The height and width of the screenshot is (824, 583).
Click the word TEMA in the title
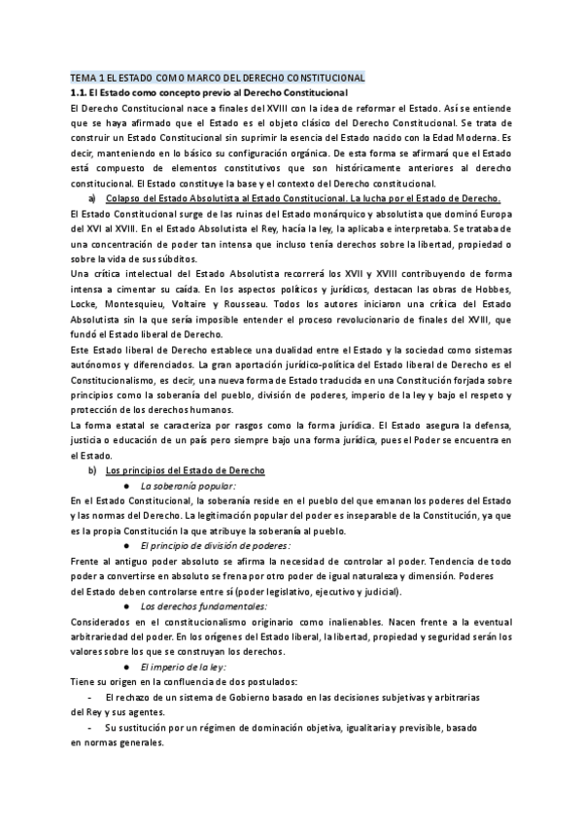(x=84, y=76)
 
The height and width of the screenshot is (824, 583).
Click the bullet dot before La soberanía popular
(x=127, y=485)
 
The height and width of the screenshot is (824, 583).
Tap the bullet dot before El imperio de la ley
(x=127, y=668)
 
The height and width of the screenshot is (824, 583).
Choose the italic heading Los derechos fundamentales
(x=197, y=606)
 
